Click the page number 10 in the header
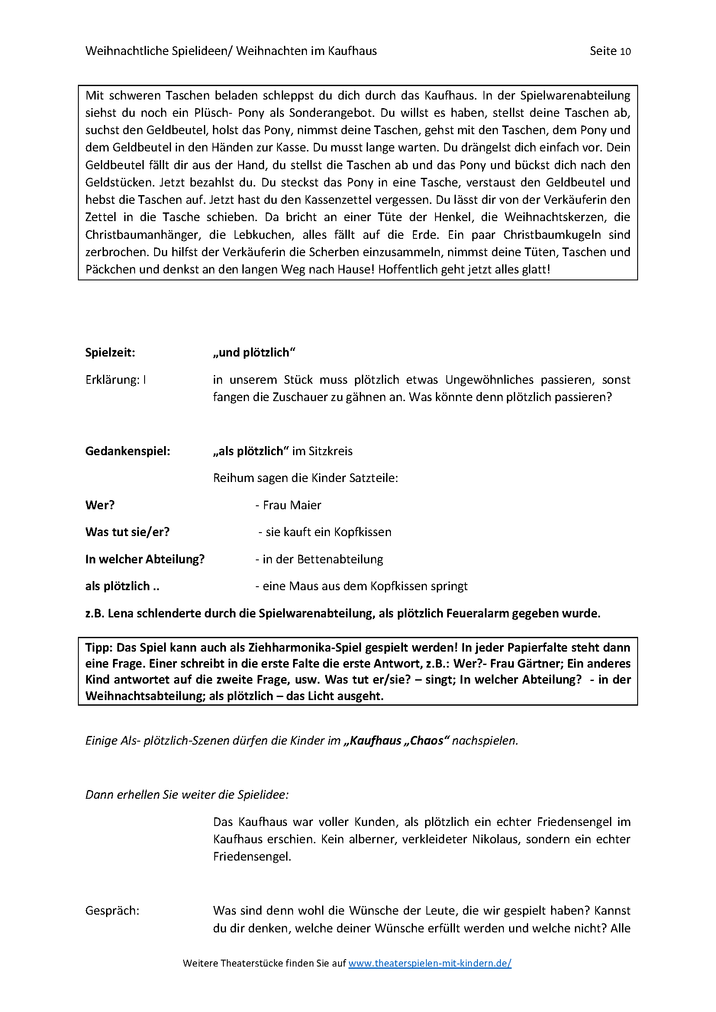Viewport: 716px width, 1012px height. (x=625, y=51)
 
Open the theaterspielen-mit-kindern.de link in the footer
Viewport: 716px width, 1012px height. (x=429, y=963)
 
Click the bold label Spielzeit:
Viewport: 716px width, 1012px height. (x=110, y=353)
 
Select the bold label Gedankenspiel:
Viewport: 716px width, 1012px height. (x=127, y=451)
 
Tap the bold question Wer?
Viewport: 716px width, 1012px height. (x=100, y=505)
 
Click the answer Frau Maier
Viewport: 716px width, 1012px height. (x=291, y=505)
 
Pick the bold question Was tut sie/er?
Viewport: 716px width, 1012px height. (x=127, y=532)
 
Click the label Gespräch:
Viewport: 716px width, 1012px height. (x=112, y=911)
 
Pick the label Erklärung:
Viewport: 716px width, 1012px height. (x=113, y=380)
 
